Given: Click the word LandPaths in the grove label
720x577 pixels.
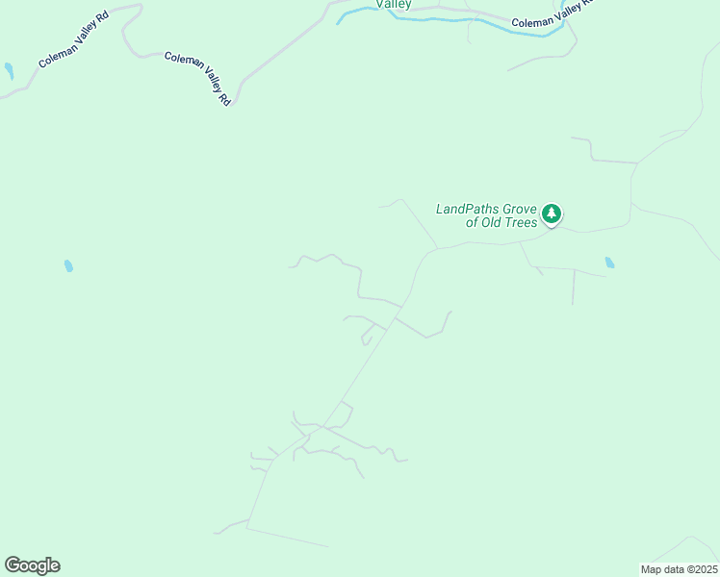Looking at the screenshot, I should pos(467,208).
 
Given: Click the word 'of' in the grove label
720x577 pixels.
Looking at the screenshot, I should pos(472,223).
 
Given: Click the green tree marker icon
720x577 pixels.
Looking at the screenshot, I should pos(552,213).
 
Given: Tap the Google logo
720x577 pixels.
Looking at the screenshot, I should pos(32,565).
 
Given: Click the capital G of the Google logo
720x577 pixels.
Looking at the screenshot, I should pos(13,565).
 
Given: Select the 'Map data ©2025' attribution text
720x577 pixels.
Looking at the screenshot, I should pos(679,569).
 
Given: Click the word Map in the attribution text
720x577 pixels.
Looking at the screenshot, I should pos(652,569).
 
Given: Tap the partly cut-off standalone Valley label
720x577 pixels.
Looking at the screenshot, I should pos(394,5).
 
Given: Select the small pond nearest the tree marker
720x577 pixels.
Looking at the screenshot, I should pos(609,263).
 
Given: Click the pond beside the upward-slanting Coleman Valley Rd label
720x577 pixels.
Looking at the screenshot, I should pos(9,71).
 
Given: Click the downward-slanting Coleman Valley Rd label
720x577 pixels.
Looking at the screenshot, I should pos(198,77).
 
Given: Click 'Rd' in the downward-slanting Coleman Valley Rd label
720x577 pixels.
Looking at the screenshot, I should pos(225,98).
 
